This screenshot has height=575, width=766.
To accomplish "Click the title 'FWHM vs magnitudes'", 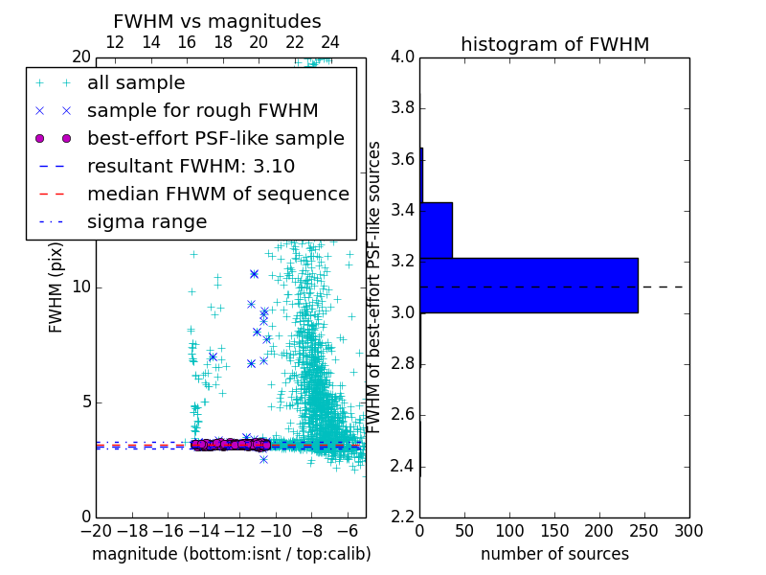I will click(216, 22).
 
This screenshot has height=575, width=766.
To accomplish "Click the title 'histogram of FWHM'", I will click(554, 45).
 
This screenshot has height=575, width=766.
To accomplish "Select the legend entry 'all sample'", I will click(136, 83).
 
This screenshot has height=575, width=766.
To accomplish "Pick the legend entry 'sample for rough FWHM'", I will click(202, 110).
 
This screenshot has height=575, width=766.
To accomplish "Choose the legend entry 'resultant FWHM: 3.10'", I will click(191, 166).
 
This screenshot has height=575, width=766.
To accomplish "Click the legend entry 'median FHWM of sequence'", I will click(217, 194).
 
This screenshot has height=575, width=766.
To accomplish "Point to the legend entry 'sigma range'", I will click(146, 221).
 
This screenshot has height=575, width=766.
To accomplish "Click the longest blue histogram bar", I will click(529, 286).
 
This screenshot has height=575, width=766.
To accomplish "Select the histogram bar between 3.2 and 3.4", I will click(436, 230).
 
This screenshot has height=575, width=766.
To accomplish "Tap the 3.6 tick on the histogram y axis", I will click(402, 159).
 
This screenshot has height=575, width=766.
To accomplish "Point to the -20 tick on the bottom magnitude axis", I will click(96, 530).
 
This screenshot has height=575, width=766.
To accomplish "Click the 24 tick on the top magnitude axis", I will click(330, 42).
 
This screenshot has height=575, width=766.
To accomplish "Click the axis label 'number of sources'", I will click(554, 554).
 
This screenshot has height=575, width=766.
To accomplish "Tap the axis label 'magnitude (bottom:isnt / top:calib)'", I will click(231, 554).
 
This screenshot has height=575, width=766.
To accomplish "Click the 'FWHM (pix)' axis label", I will click(56, 287).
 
